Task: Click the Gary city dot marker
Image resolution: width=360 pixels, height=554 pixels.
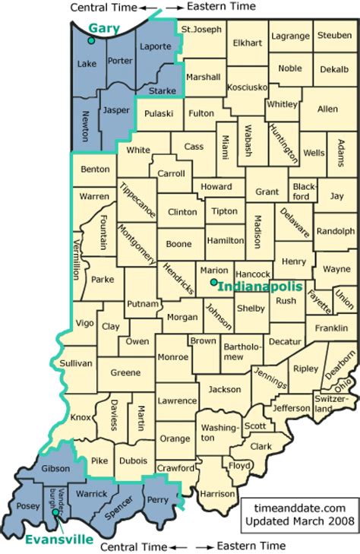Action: [91, 39]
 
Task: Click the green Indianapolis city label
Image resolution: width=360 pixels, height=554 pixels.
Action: [260, 286]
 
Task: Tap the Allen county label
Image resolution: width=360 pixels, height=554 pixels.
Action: [327, 109]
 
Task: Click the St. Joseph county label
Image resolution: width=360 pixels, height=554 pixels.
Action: [201, 30]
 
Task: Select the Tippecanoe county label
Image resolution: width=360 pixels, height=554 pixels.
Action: [137, 201]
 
